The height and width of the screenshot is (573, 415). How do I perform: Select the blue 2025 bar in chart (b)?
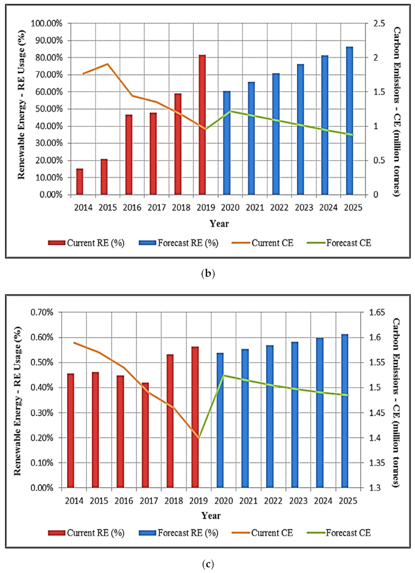(350, 121)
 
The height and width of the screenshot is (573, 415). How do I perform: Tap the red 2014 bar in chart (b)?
(79, 182)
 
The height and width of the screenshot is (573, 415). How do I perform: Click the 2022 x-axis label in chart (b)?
(276, 207)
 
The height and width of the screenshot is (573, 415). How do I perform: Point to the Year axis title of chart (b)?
(220, 223)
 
